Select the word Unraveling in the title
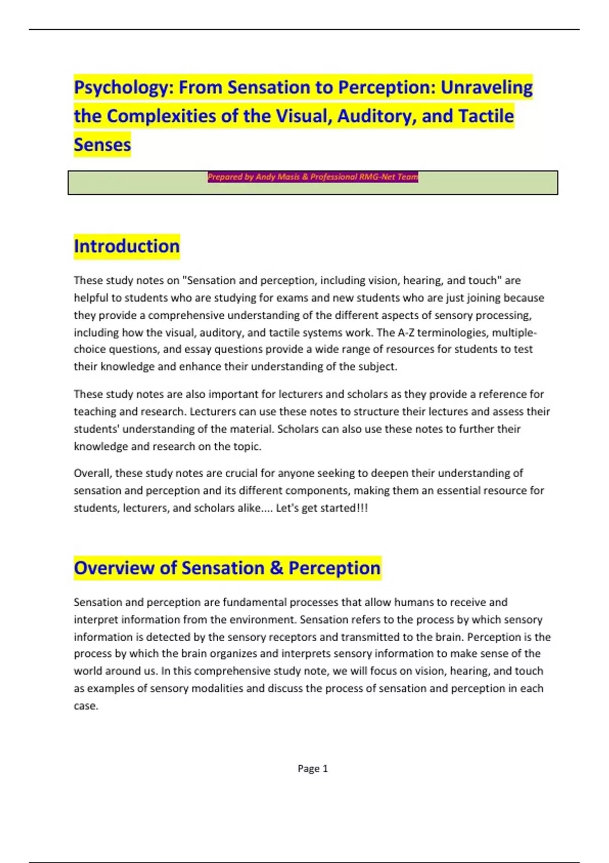click(x=486, y=88)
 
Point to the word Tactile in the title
click(x=486, y=116)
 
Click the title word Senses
click(x=102, y=145)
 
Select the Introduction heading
click(x=126, y=246)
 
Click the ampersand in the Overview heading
click(x=276, y=568)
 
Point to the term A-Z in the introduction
click(x=405, y=333)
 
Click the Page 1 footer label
click(x=313, y=769)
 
